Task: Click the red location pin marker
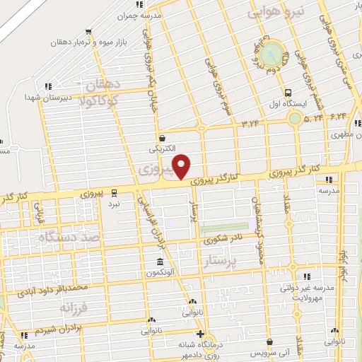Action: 182,165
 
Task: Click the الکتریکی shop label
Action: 163,149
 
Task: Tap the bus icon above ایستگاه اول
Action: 288,93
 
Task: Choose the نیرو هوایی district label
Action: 280,13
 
